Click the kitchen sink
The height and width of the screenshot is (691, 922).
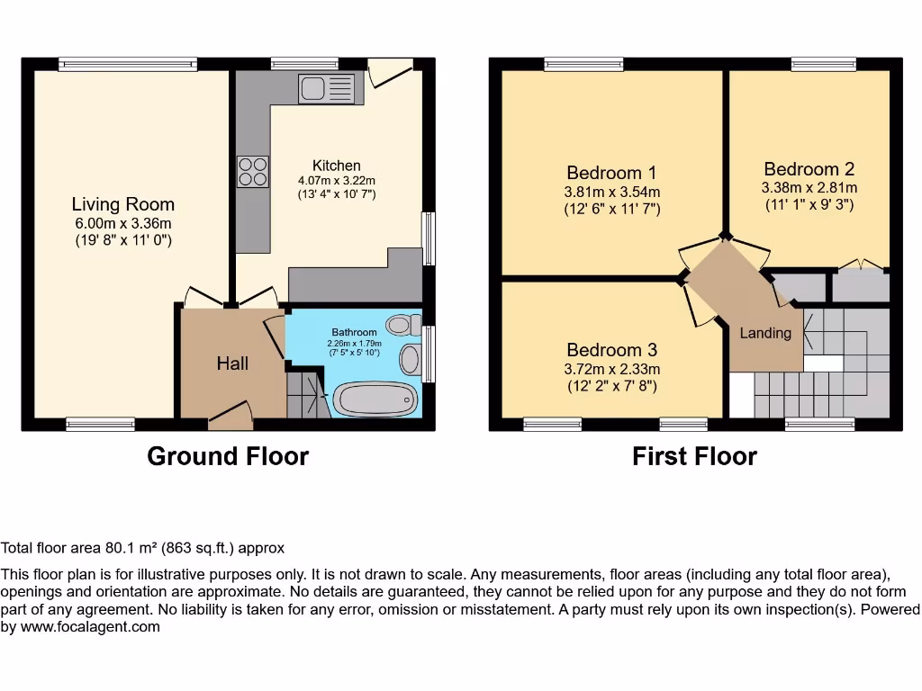[326, 89]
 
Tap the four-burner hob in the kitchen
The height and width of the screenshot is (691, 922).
[253, 172]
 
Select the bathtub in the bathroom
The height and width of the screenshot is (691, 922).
[375, 399]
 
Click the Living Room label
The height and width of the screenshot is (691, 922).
[122, 204]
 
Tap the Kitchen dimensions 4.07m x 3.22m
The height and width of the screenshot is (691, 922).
[337, 180]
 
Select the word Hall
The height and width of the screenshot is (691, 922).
[232, 363]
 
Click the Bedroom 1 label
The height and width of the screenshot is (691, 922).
[611, 173]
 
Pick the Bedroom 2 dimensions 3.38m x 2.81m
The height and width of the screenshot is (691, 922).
[809, 188]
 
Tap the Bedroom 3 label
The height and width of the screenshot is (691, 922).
[611, 350]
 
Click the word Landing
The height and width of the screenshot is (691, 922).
[765, 333]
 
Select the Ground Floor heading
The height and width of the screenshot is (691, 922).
[228, 456]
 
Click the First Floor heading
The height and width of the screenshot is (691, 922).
[694, 456]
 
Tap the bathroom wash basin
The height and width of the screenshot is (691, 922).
[411, 360]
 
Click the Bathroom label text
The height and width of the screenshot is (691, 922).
[354, 333]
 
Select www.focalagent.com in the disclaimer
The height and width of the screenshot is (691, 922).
[90, 627]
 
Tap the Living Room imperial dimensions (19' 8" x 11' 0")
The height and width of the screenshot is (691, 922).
[122, 240]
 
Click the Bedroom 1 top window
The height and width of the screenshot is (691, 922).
[583, 64]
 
